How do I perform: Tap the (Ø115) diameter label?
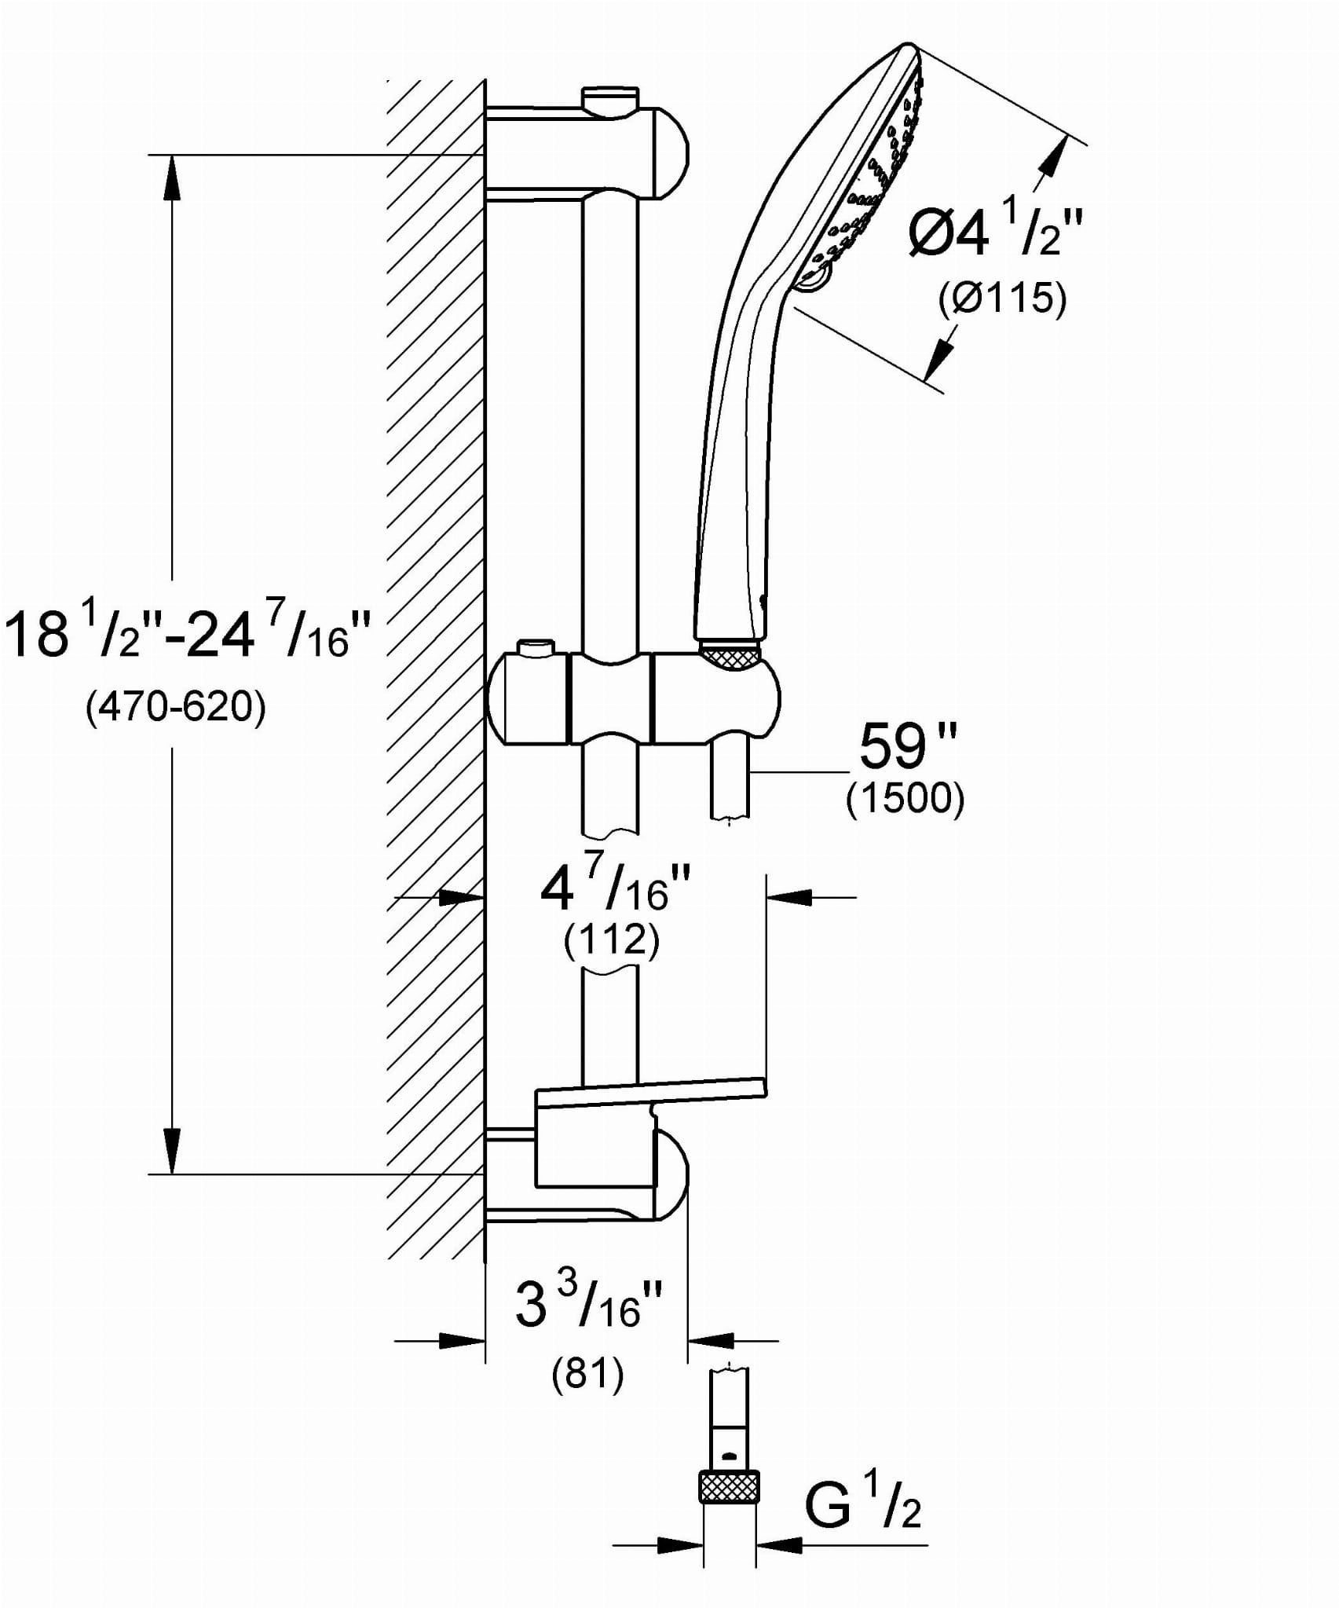(1003, 299)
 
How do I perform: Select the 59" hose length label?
(907, 746)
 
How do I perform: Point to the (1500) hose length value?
(905, 799)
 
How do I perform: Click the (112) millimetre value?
(611, 940)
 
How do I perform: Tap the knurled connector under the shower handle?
(730, 654)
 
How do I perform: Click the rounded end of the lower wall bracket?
(672, 1175)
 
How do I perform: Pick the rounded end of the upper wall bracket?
(672, 149)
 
